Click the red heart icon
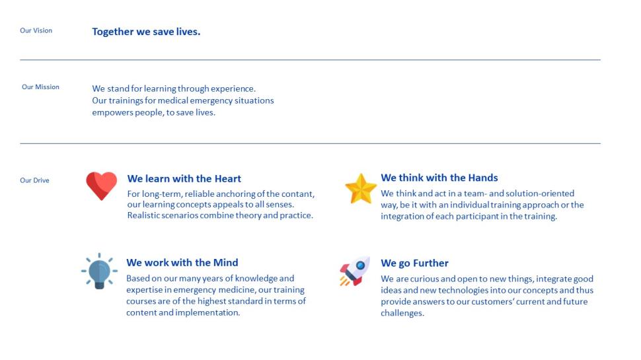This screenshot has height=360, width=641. [x=101, y=186]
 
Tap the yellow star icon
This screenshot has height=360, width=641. [x=361, y=189]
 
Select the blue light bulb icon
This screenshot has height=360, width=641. [x=99, y=271]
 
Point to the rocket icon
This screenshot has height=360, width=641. [x=354, y=271]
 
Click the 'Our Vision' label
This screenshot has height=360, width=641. [x=36, y=30]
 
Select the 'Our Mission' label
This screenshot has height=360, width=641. [x=40, y=87]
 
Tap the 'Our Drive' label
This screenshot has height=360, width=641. [x=34, y=180]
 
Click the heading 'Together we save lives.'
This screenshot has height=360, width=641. [x=146, y=32]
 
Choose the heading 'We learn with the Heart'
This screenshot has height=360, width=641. [x=184, y=178]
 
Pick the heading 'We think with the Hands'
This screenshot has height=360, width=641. [x=439, y=178]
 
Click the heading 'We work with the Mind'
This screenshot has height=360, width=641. [x=182, y=262]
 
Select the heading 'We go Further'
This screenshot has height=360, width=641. [x=414, y=263]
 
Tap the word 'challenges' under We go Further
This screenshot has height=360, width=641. [x=402, y=313]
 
